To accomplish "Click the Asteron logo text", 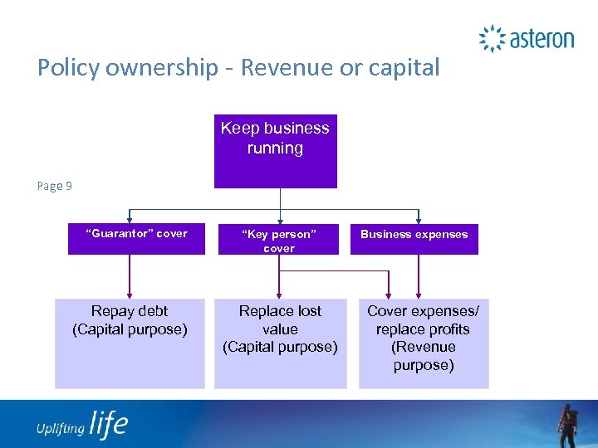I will point(541,38).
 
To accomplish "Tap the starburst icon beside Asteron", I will point(492,38).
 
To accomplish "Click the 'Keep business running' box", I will point(275,150).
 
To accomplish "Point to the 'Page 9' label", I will point(55,186).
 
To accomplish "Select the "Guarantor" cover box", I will point(136,240).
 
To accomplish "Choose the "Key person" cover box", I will point(279,240).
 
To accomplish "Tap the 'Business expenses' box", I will point(414,240).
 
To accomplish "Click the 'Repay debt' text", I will point(130,311).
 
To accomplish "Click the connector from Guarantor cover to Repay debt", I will point(130,276).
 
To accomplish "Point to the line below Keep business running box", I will point(281,203).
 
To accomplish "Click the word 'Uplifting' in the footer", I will point(60,428).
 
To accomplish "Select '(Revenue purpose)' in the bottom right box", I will point(423,356).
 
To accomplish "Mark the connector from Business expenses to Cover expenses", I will point(419,276).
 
